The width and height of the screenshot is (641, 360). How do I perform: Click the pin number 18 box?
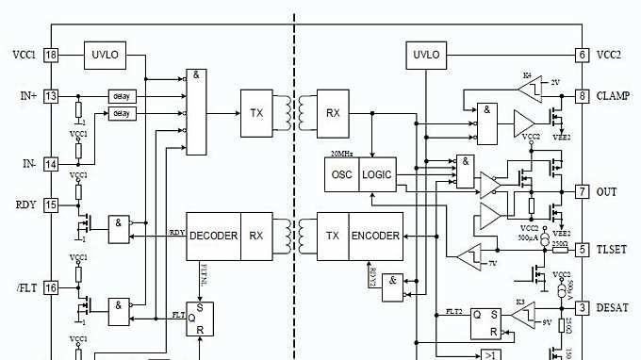51,56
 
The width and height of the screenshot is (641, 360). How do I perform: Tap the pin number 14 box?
51,164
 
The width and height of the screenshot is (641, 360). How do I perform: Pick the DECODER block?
213,236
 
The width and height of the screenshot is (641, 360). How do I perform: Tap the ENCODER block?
376,236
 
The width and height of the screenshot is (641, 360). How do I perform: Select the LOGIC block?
377,175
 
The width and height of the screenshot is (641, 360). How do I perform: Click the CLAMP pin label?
614,95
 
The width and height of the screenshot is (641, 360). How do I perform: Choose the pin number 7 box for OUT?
583,191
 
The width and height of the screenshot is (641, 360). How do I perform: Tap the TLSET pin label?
613,250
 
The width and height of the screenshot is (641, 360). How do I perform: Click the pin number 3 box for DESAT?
583,307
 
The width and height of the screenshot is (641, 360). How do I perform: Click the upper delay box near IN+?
121,96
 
